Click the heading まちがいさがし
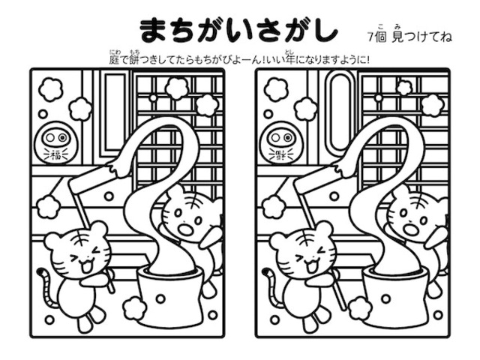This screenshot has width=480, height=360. pyautogui.click(x=238, y=31)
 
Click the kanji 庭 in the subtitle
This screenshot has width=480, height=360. pyautogui.click(x=114, y=59)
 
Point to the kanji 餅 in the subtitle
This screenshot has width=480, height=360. pyautogui.click(x=134, y=59)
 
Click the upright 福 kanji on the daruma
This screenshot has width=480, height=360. pyautogui.click(x=56, y=155)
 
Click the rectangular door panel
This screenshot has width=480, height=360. pyautogui.click(x=115, y=112)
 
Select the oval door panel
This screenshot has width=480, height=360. pyautogui.click(x=338, y=112)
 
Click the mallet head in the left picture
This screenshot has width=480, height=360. pyautogui.click(x=92, y=178)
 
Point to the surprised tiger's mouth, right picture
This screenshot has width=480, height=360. pyautogui.click(x=410, y=229)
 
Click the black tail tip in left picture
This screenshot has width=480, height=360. pyautogui.click(x=40, y=271)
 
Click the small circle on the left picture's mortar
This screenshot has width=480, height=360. pyautogui.click(x=160, y=298)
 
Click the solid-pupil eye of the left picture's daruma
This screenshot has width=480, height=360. pyautogui.click(x=62, y=137)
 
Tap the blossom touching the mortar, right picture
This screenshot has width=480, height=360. pyautogui.click(x=360, y=308)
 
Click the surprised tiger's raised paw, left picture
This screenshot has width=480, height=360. pyautogui.click(x=211, y=233)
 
